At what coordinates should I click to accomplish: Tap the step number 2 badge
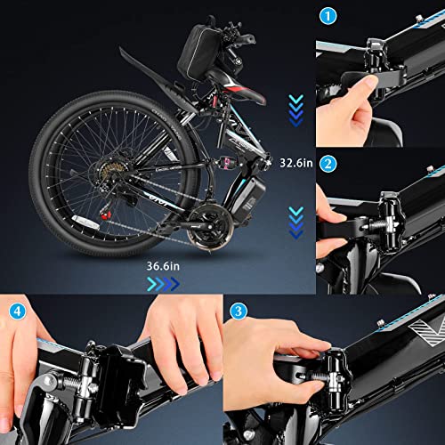coord(329,164)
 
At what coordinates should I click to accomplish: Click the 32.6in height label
coord(295,163)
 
